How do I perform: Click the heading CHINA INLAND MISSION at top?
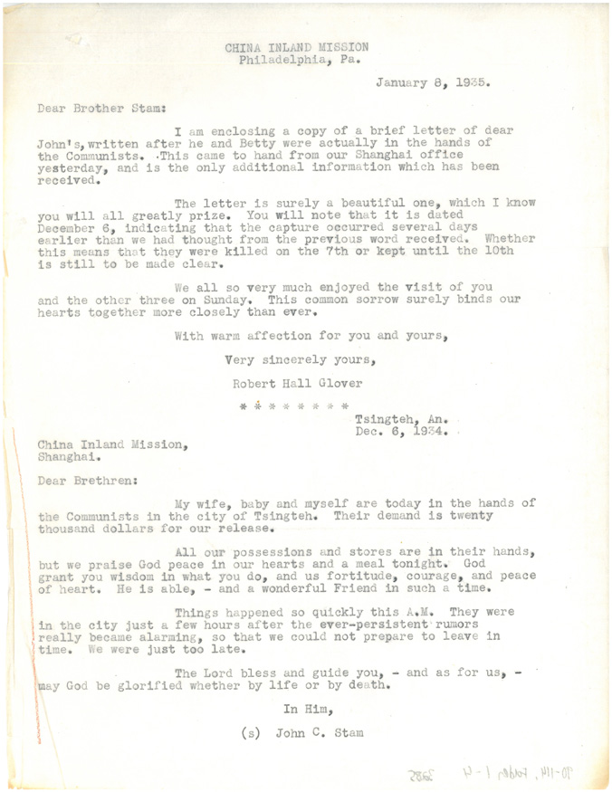(x=297, y=48)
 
